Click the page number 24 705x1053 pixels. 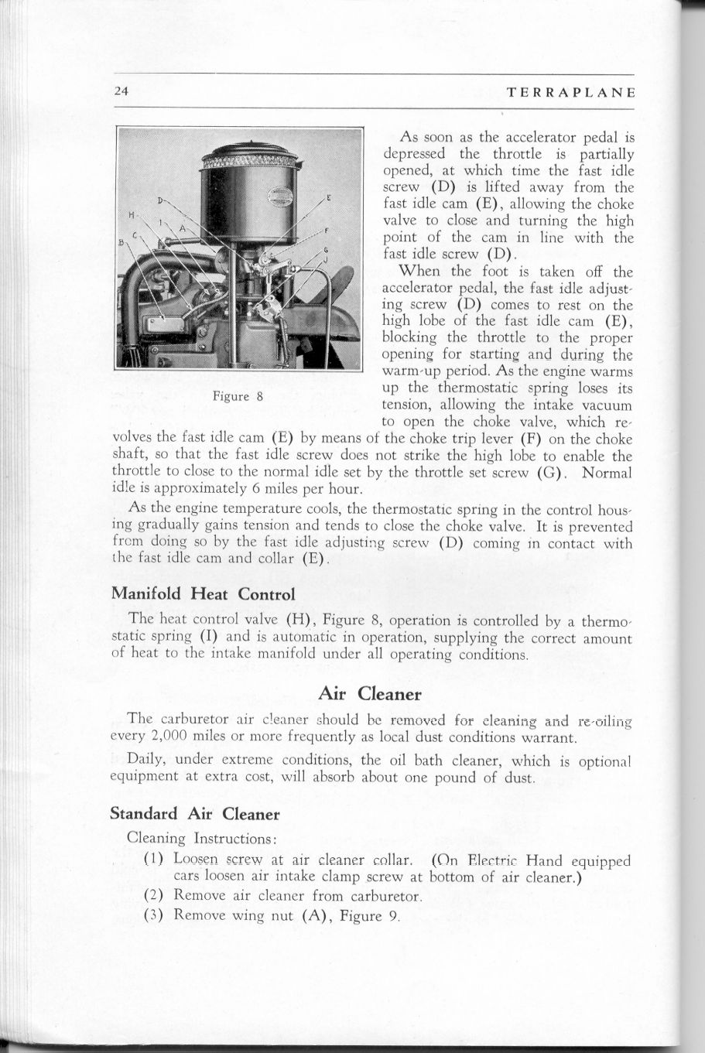(120, 91)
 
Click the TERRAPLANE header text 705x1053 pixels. (571, 92)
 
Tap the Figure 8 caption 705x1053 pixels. (239, 397)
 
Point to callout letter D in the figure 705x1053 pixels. (161, 200)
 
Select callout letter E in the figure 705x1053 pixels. (329, 199)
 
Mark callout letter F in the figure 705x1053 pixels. (328, 231)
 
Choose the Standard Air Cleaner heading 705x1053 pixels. (194, 814)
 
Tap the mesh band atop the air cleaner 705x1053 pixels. (251, 161)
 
